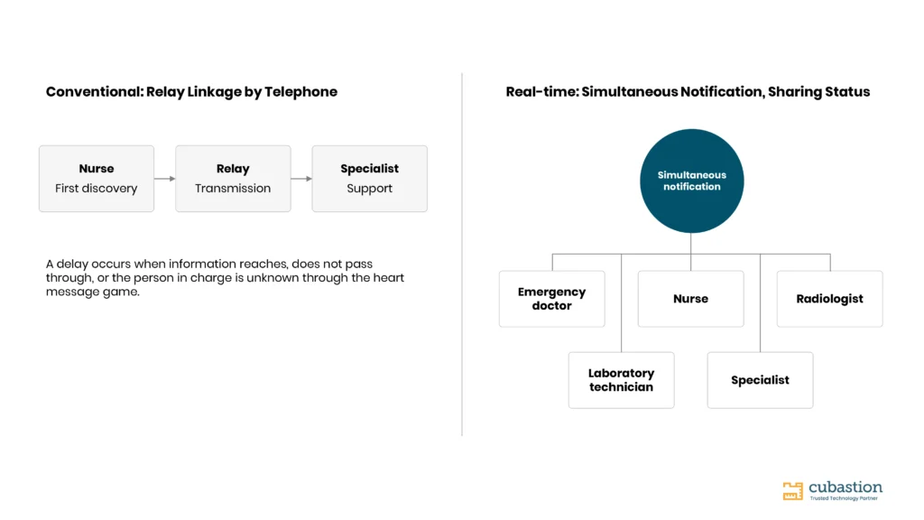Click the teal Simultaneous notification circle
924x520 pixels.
coord(692,181)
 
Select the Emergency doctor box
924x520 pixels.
coord(551,299)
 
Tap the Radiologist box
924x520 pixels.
coord(830,299)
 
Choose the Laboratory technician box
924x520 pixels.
coord(621,380)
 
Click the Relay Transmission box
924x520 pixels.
coord(233,179)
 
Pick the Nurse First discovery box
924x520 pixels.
coord(97,179)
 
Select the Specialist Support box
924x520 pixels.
coord(369,179)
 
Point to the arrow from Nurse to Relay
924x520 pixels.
coord(164,179)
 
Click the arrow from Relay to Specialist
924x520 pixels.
coord(301,179)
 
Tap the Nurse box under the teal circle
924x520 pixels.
coord(690,299)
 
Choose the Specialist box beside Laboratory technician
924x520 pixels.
coord(760,380)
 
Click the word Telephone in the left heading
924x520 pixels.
coord(300,92)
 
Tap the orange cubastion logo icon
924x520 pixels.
coord(792,490)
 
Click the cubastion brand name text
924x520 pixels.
coord(845,487)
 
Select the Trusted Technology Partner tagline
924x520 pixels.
coord(844,498)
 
